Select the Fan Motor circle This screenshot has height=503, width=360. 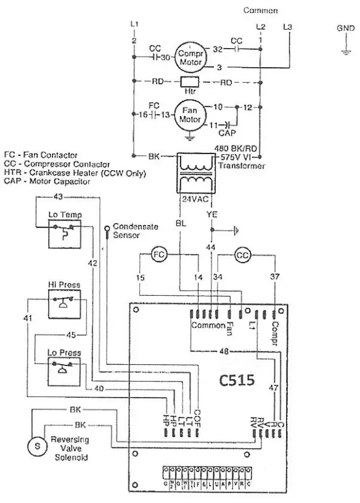190,115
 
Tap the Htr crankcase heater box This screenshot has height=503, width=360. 189,81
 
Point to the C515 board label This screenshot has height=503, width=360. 237,380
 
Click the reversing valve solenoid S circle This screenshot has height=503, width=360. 36,446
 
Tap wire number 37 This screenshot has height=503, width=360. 274,277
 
